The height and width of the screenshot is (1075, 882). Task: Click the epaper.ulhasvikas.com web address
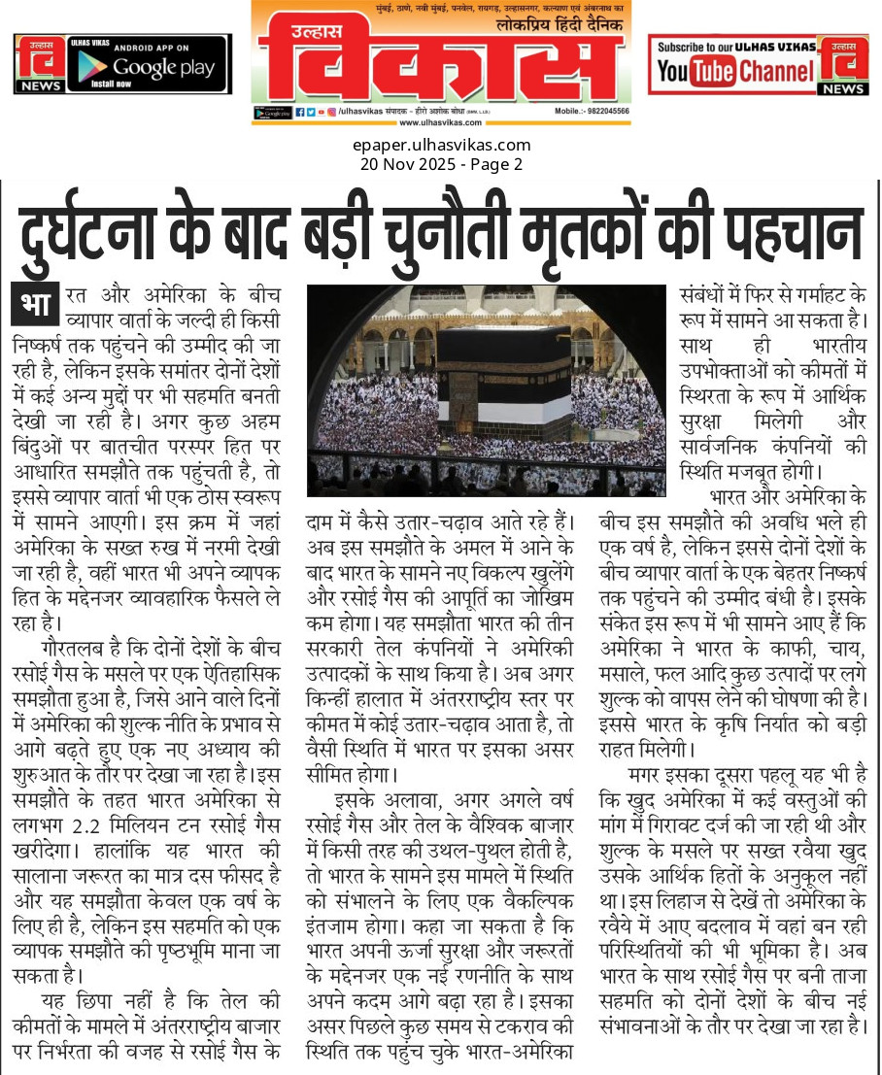(x=441, y=146)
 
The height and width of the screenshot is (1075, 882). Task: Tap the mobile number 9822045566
(x=604, y=112)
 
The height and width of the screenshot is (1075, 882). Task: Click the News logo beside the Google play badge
(x=40, y=64)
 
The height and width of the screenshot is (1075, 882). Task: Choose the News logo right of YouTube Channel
(x=843, y=64)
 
